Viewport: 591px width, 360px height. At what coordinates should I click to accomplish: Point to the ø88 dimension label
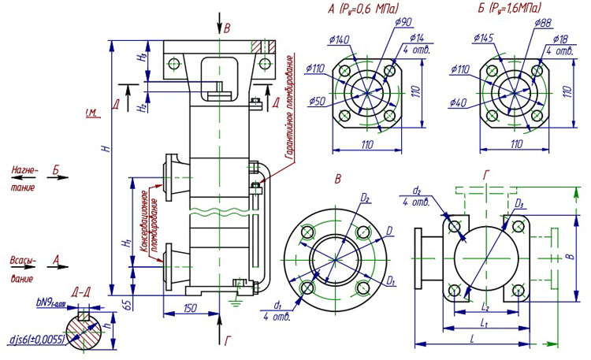(x=542, y=24)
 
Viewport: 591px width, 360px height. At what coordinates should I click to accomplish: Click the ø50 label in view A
(x=318, y=100)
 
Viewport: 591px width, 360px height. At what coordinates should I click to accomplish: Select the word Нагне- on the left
(x=24, y=169)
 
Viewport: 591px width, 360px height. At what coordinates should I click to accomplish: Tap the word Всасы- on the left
(x=24, y=258)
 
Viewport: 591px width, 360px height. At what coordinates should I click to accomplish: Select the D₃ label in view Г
(x=519, y=204)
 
